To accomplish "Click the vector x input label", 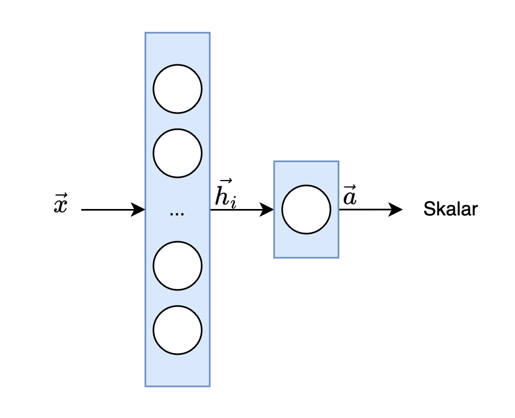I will click(x=61, y=205).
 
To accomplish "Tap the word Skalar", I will click(x=450, y=209).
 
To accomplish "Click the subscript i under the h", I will click(x=233, y=204).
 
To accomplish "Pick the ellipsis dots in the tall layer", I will click(x=176, y=214).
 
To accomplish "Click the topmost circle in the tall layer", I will click(x=178, y=89).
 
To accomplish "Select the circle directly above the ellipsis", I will click(x=178, y=154).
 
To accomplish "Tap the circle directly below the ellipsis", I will click(x=178, y=265).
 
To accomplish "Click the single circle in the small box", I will click(x=306, y=210).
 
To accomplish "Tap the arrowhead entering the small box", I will click(x=267, y=210).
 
